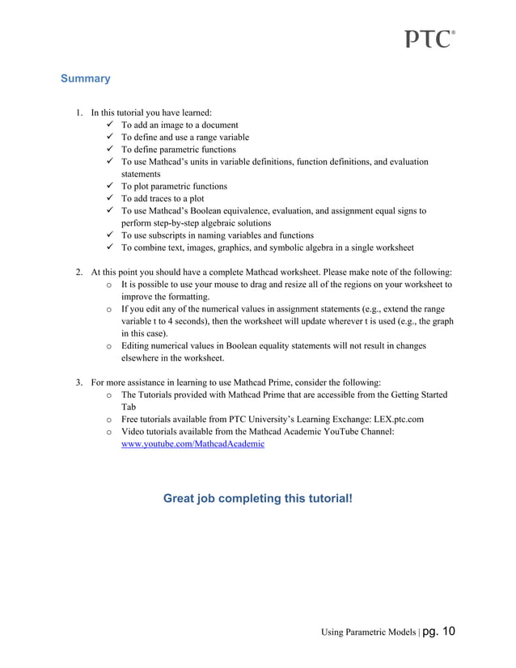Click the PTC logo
pyautogui.click(x=429, y=39)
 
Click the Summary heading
pyautogui.click(x=85, y=79)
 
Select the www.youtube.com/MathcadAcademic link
pyautogui.click(x=192, y=444)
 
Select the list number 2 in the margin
pyautogui.click(x=79, y=273)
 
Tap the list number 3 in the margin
pyautogui.click(x=79, y=382)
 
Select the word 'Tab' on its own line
pyautogui.click(x=129, y=408)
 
